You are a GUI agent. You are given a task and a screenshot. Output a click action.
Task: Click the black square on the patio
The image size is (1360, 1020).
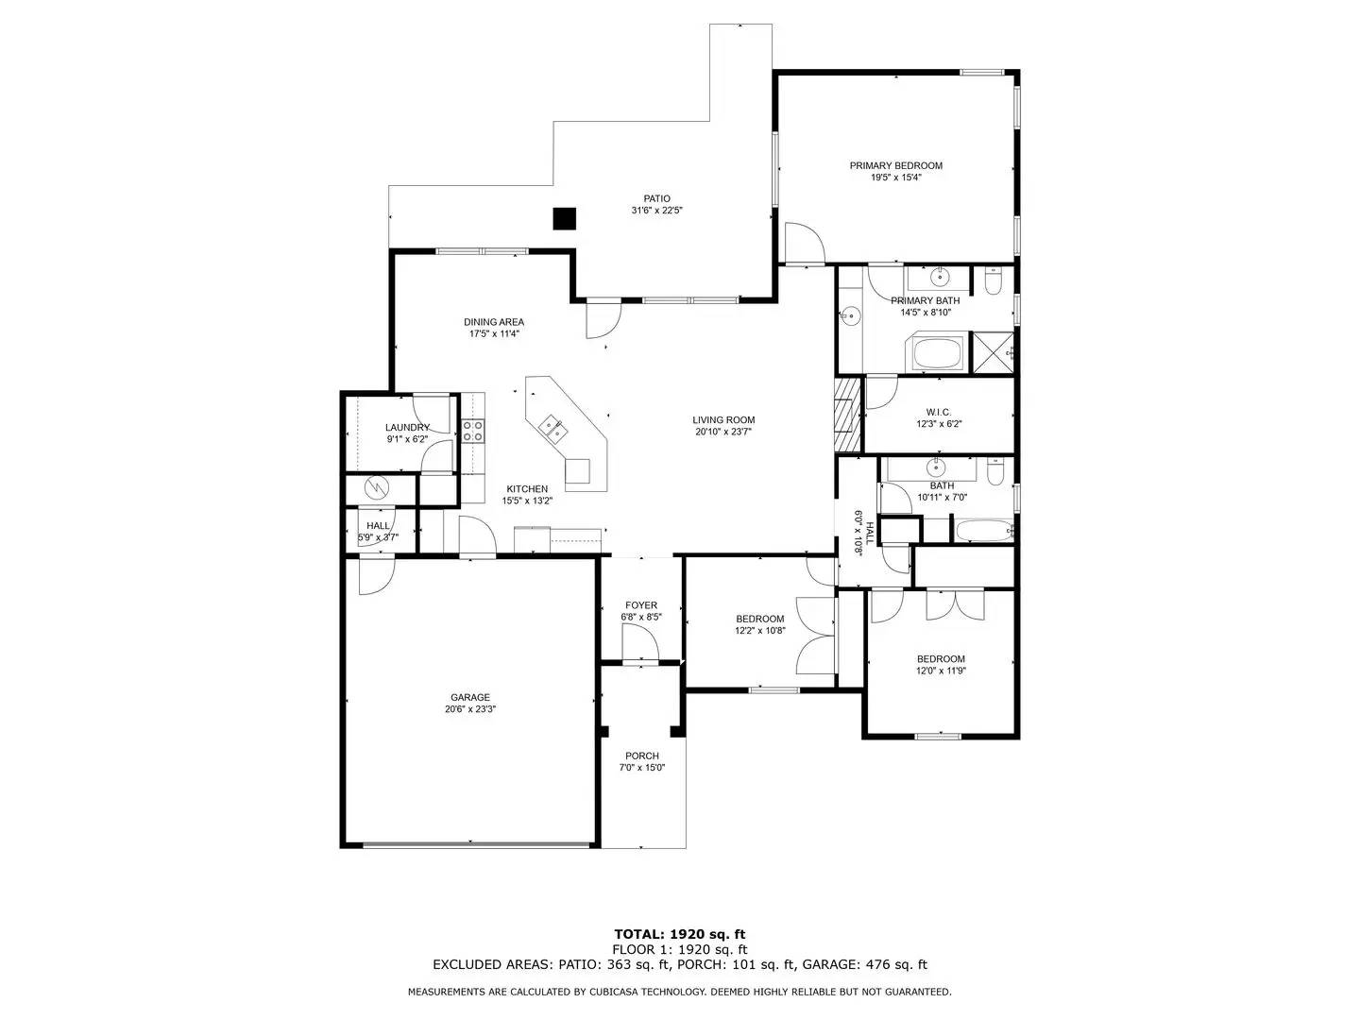click(x=564, y=218)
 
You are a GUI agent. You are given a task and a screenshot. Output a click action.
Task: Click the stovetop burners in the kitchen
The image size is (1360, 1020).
click(x=473, y=432)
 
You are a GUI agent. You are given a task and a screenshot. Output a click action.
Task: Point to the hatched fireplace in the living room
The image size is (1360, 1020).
click(x=848, y=414)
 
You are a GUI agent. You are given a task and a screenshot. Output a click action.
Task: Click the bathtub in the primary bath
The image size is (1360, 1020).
click(x=935, y=354)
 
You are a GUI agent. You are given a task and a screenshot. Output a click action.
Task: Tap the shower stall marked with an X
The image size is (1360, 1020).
click(x=992, y=351)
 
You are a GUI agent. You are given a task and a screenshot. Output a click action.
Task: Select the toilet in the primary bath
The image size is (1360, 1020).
click(x=993, y=281)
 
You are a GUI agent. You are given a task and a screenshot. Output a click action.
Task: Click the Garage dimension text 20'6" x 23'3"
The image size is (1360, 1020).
click(x=469, y=709)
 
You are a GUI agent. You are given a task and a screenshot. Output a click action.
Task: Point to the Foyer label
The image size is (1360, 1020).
click(x=641, y=605)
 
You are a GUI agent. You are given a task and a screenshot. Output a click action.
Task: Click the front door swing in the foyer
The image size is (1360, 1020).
click(x=638, y=645)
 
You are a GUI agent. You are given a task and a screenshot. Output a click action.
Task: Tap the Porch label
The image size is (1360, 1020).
click(x=642, y=756)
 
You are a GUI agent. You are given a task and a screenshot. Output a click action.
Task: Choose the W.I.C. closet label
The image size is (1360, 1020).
click(x=938, y=412)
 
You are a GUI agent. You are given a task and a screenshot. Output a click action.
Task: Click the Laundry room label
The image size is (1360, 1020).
click(x=407, y=427)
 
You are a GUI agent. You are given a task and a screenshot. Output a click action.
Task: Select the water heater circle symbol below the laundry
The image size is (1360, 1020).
click(x=377, y=487)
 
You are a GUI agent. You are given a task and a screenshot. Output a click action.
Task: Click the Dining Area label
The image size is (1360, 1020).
click(x=493, y=322)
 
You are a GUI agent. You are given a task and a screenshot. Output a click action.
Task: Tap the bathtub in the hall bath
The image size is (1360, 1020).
click(x=983, y=531)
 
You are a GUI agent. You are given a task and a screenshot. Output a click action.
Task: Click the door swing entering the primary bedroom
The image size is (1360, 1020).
click(x=804, y=243)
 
